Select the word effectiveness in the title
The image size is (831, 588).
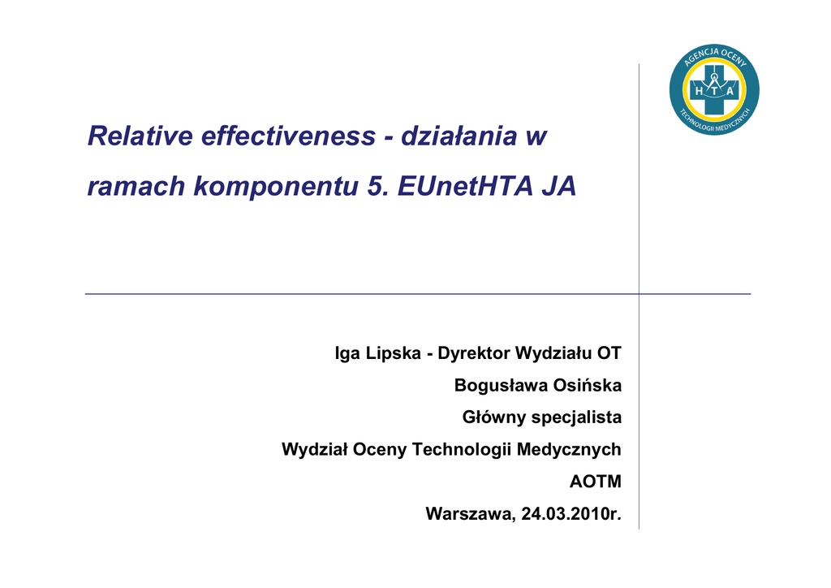pyautogui.click(x=288, y=135)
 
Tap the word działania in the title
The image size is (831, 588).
pyautogui.click(x=459, y=135)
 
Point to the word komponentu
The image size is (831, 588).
pyautogui.click(x=276, y=186)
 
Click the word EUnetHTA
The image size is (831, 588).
pyautogui.click(x=465, y=186)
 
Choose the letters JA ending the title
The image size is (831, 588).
pyautogui.click(x=558, y=186)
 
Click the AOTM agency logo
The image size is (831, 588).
pyautogui.click(x=714, y=89)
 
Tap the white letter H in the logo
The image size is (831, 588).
pyautogui.click(x=699, y=91)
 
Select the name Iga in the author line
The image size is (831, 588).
pyautogui.click(x=347, y=353)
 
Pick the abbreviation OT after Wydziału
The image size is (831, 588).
pyautogui.click(x=609, y=353)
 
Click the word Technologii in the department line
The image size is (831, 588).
pyautogui.click(x=461, y=450)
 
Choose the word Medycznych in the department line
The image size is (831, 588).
pyautogui.click(x=569, y=450)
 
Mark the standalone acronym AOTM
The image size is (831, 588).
pyautogui.click(x=596, y=482)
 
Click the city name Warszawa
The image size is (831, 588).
pyautogui.click(x=470, y=514)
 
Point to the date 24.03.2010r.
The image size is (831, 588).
pyautogui.click(x=571, y=514)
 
